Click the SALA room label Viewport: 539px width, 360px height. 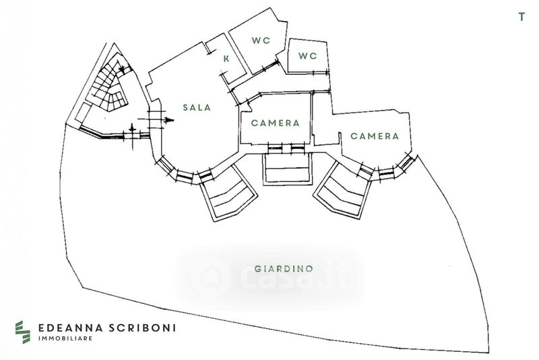coord(197,107)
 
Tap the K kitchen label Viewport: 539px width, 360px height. coord(226,59)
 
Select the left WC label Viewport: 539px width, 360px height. coord(261,40)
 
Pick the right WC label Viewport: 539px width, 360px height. coord(307,56)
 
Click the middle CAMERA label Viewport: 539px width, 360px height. coord(275,123)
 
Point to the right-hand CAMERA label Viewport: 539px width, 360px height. coord(375,136)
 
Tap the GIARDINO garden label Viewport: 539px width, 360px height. coord(284,268)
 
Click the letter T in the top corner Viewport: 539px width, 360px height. coord(521,18)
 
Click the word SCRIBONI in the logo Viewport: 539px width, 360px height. coord(144,328)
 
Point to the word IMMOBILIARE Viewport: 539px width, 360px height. coord(65,338)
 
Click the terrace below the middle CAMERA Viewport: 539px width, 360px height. coord(287,168)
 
